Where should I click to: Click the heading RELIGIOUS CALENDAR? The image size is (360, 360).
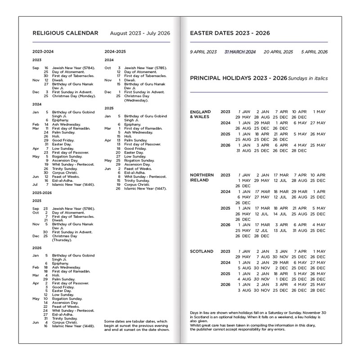pyautogui.click(x=65, y=33)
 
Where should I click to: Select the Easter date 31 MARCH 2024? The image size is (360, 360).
pyautogui.click(x=240, y=52)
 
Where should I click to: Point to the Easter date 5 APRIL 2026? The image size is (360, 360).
pyautogui.click(x=314, y=52)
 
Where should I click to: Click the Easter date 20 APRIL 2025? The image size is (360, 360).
pyautogui.click(x=278, y=52)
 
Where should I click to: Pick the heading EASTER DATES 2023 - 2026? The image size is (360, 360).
pyautogui.click(x=230, y=33)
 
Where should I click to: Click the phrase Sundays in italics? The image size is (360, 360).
pyautogui.click(x=308, y=78)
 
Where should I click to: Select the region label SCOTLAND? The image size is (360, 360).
pyautogui.click(x=201, y=252)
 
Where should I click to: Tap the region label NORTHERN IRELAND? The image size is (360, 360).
pyautogui.click(x=202, y=177)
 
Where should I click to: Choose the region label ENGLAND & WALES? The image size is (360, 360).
pyautogui.click(x=200, y=114)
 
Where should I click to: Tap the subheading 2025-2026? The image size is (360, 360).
pyautogui.click(x=43, y=193)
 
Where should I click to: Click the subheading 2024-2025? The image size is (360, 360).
pyautogui.click(x=115, y=51)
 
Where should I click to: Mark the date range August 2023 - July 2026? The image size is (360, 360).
pyautogui.click(x=140, y=33)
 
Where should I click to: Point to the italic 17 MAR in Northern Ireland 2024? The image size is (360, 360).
pyautogui.click(x=262, y=192)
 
